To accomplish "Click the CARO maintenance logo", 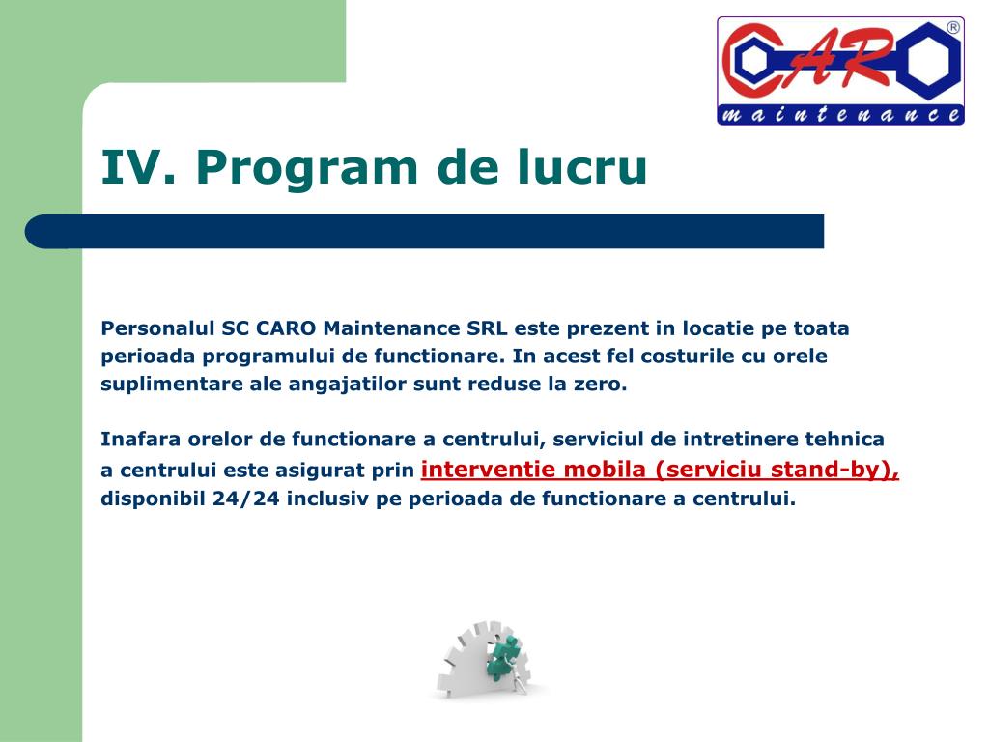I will [840, 71].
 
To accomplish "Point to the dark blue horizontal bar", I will [425, 231].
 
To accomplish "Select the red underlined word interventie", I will [490, 470].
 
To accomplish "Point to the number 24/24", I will [251, 499].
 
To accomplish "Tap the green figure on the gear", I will [503, 657].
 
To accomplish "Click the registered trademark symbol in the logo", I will [953, 28].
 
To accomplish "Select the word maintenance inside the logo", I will [840, 116].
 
